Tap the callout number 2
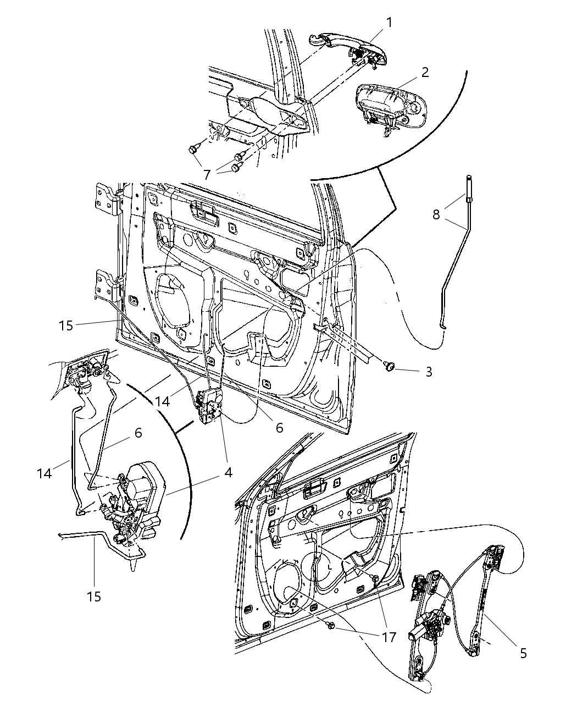pyautogui.click(x=425, y=72)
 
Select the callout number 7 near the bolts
pyautogui.click(x=207, y=175)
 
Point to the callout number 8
pyautogui.click(x=436, y=214)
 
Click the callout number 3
pyautogui.click(x=428, y=372)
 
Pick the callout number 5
pyautogui.click(x=523, y=653)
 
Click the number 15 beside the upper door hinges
pyautogui.click(x=65, y=325)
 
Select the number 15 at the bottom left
pyautogui.click(x=94, y=596)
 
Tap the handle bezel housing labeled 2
pyautogui.click(x=389, y=104)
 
